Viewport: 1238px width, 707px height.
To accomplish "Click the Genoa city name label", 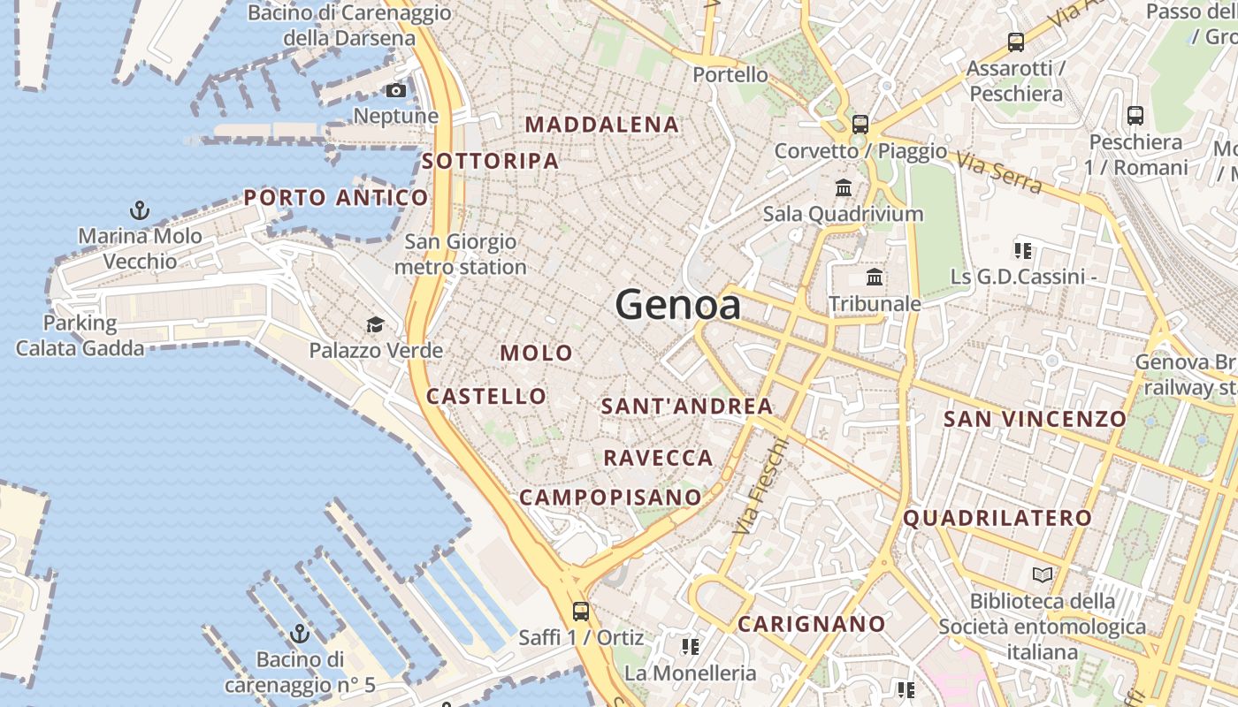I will point(678,305).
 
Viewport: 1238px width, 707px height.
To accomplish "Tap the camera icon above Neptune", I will point(396,90).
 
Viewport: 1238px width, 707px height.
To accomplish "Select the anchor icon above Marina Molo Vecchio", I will point(140,210).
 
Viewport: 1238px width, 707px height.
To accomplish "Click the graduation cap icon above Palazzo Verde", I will point(376,325).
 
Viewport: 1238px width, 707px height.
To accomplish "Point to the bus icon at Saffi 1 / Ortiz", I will point(581,611).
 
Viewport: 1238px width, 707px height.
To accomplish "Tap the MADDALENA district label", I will point(602,125).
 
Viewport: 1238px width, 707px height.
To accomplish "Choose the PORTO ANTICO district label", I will point(336,197).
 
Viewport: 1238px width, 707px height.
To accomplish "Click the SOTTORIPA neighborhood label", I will point(491,161).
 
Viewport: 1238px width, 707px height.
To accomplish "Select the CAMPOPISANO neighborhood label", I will point(610,498).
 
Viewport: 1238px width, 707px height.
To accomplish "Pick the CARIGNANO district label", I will point(812,624).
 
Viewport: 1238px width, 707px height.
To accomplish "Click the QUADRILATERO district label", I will point(997,518).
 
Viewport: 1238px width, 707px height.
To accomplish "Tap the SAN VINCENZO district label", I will point(1035,419).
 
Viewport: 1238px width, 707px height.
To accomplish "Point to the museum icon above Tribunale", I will point(875,277).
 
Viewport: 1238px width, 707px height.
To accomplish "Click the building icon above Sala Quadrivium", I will point(844,188).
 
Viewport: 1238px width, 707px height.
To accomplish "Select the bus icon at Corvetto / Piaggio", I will point(860,125).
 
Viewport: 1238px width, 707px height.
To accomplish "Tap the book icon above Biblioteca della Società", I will point(1043,575).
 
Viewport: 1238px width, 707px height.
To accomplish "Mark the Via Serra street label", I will point(998,170).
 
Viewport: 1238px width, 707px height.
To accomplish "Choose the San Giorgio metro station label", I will point(461,254).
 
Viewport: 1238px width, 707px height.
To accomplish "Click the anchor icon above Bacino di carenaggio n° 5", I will point(300,634).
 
